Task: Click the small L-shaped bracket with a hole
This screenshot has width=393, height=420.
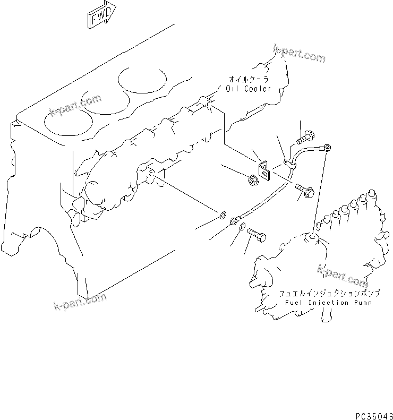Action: click(264, 170)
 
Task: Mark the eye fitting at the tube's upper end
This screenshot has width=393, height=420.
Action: click(328, 147)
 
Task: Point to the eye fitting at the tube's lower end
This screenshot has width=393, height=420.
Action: click(234, 219)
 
